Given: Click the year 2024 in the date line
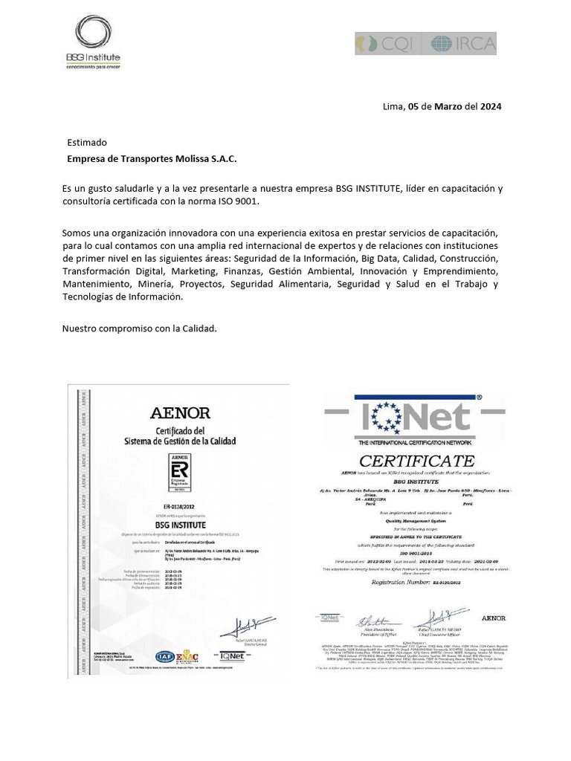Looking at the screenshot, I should coord(490,106).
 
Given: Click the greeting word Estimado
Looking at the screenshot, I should coord(87,142).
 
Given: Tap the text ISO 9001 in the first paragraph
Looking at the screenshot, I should coord(238,201).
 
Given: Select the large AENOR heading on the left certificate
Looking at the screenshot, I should coord(180,413).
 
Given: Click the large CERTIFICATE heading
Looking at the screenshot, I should coord(416,460).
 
